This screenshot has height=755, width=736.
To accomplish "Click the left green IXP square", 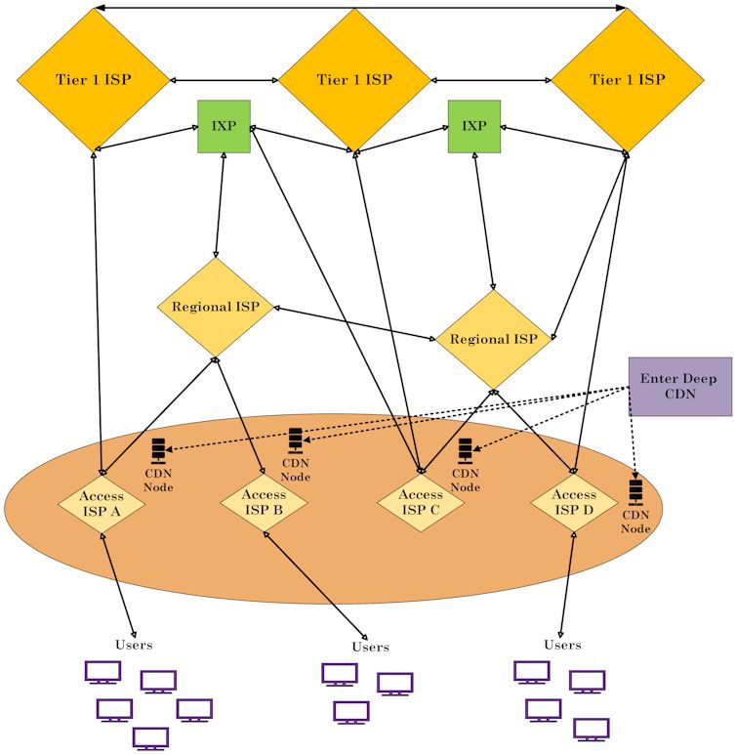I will (x=224, y=126).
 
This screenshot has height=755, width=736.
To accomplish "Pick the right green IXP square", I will (x=474, y=126).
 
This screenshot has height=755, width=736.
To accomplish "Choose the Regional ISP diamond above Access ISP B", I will (x=215, y=307).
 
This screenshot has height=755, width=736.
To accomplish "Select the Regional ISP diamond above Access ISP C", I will (x=494, y=339).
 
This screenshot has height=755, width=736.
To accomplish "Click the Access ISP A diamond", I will (x=102, y=503).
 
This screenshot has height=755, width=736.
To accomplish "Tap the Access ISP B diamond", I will (x=264, y=502).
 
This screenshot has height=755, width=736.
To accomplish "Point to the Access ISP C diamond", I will (x=421, y=502).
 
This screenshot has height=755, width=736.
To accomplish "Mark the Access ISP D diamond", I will (x=574, y=502).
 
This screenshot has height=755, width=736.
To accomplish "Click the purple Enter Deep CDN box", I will (x=679, y=386).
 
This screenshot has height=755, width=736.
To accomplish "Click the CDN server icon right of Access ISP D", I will (x=635, y=490).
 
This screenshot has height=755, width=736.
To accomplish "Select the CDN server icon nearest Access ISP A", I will (x=159, y=451).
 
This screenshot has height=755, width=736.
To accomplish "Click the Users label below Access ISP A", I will (x=134, y=645).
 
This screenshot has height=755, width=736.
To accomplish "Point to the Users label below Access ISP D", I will (x=562, y=645).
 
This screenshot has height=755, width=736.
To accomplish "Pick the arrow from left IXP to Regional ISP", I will (x=220, y=205).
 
